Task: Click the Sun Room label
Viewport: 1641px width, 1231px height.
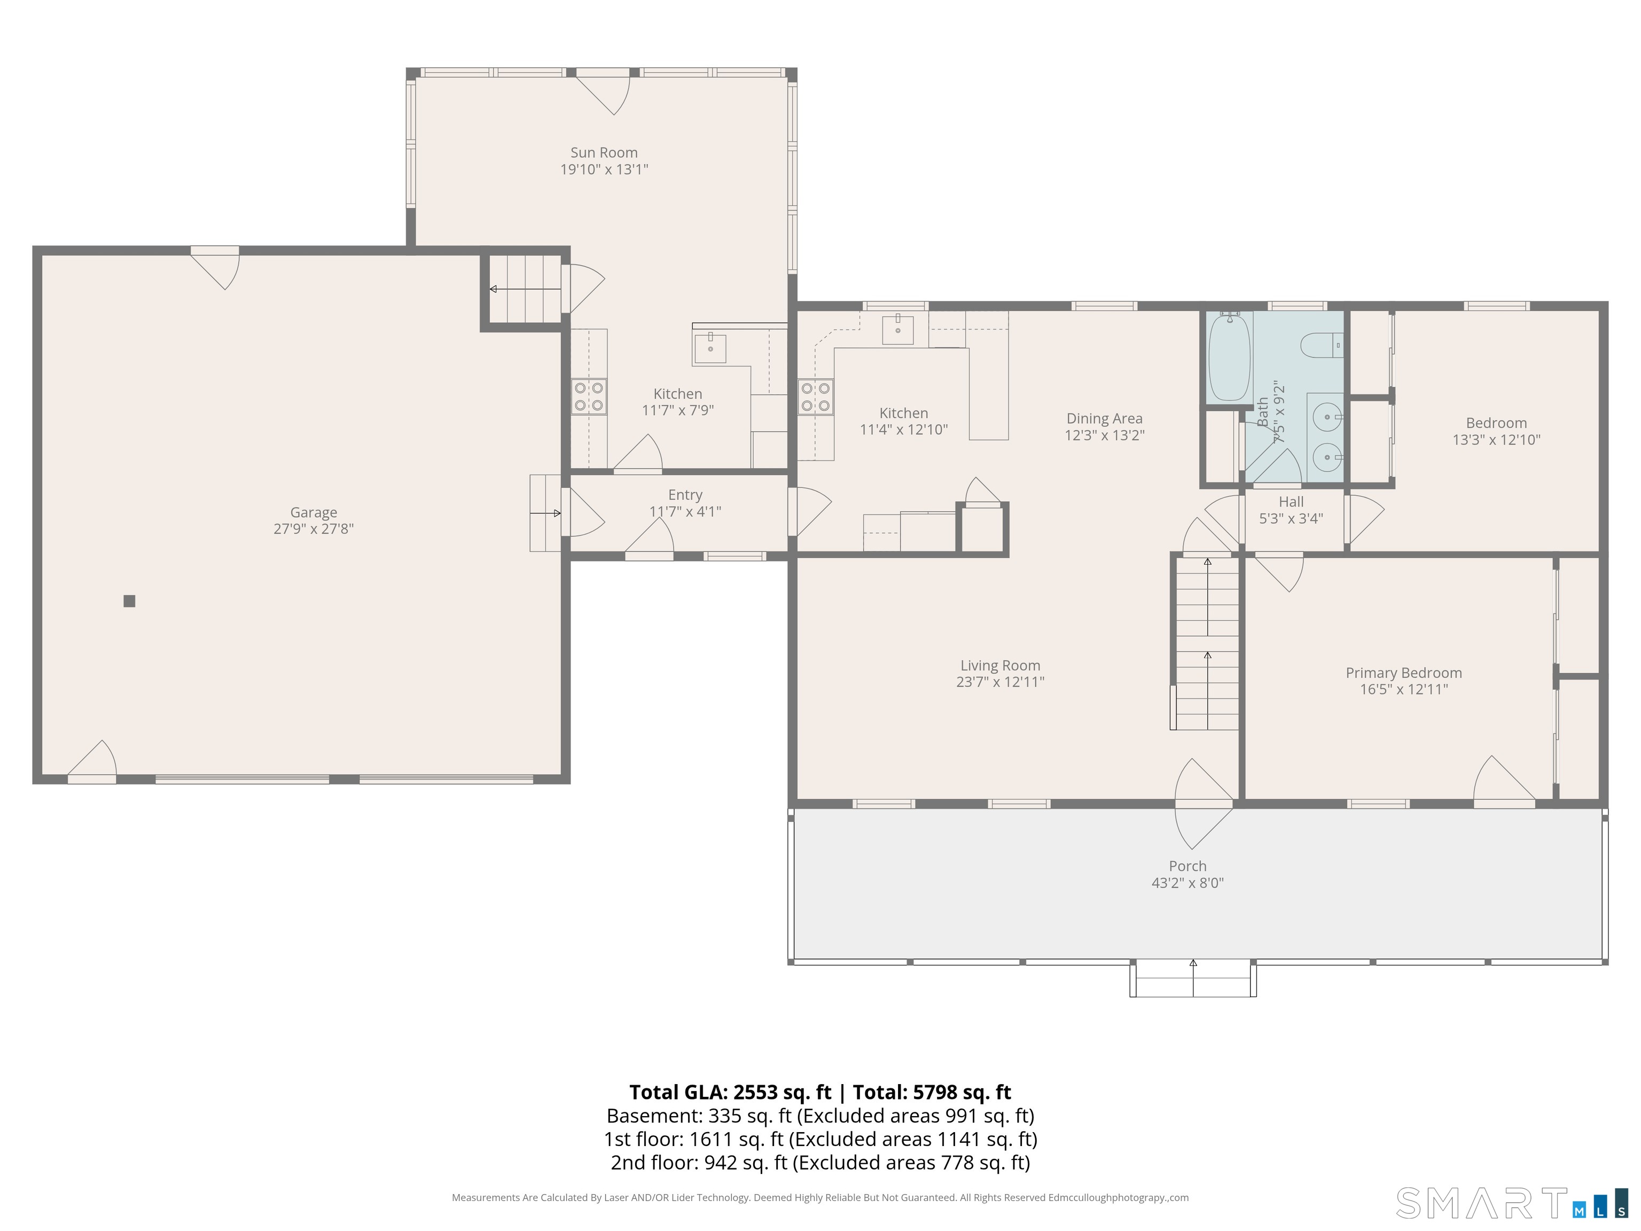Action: coord(604,152)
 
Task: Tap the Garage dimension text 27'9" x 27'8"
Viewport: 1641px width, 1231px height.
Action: coord(314,529)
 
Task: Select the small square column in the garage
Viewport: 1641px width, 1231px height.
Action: coord(129,601)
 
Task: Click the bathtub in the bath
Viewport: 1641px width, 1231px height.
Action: coord(1229,357)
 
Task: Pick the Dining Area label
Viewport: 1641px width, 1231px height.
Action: coord(1105,418)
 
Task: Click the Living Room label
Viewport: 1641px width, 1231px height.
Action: coord(1000,666)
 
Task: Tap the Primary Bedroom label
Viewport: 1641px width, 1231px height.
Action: coord(1404,673)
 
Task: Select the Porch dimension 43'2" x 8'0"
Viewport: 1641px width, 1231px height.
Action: coord(1187,883)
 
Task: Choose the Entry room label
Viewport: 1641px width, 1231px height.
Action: coord(685,495)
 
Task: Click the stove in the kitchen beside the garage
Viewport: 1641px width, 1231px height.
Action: coord(588,396)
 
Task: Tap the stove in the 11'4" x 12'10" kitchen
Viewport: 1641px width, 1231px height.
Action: coord(815,396)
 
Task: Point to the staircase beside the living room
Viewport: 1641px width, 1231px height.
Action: coord(1206,643)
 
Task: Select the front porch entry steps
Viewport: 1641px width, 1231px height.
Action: coord(1193,979)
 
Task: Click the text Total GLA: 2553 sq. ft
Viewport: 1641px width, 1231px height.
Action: coord(731,1092)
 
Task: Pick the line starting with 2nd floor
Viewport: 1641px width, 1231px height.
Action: coord(820,1163)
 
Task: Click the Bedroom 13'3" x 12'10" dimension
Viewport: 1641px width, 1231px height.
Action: coord(1496,439)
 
